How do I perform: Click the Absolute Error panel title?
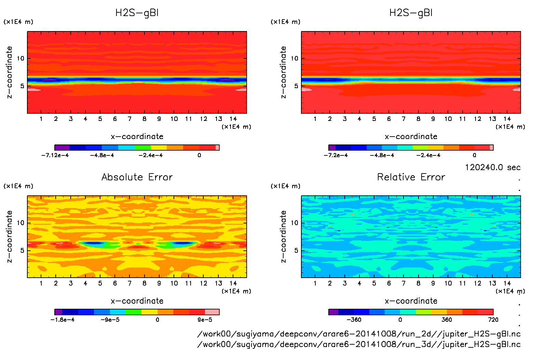pos(137,177)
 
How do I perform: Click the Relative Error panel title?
pos(411,177)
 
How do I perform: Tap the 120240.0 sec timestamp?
pos(493,167)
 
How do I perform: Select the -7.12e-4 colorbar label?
pos(55,155)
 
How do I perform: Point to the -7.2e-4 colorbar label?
pos(336,155)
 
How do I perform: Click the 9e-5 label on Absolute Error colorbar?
pos(205,320)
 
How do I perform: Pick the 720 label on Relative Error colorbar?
pos(493,320)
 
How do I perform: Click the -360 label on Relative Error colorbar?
pos(354,320)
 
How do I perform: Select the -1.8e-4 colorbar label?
pos(63,320)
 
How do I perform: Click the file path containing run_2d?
pos(359,334)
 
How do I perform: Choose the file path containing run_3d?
pos(359,344)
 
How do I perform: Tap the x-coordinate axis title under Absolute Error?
pos(137,301)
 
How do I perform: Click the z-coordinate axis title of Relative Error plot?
pos(283,236)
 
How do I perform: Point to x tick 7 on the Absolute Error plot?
pos(129,283)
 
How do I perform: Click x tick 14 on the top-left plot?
pos(233,119)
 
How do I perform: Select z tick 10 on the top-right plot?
pos(294,58)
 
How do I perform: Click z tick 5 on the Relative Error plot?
pos(296,250)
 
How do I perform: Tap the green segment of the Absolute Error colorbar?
pos(133,312)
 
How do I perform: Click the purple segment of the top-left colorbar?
pos(62,148)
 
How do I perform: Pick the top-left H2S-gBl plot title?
pos(137,13)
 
